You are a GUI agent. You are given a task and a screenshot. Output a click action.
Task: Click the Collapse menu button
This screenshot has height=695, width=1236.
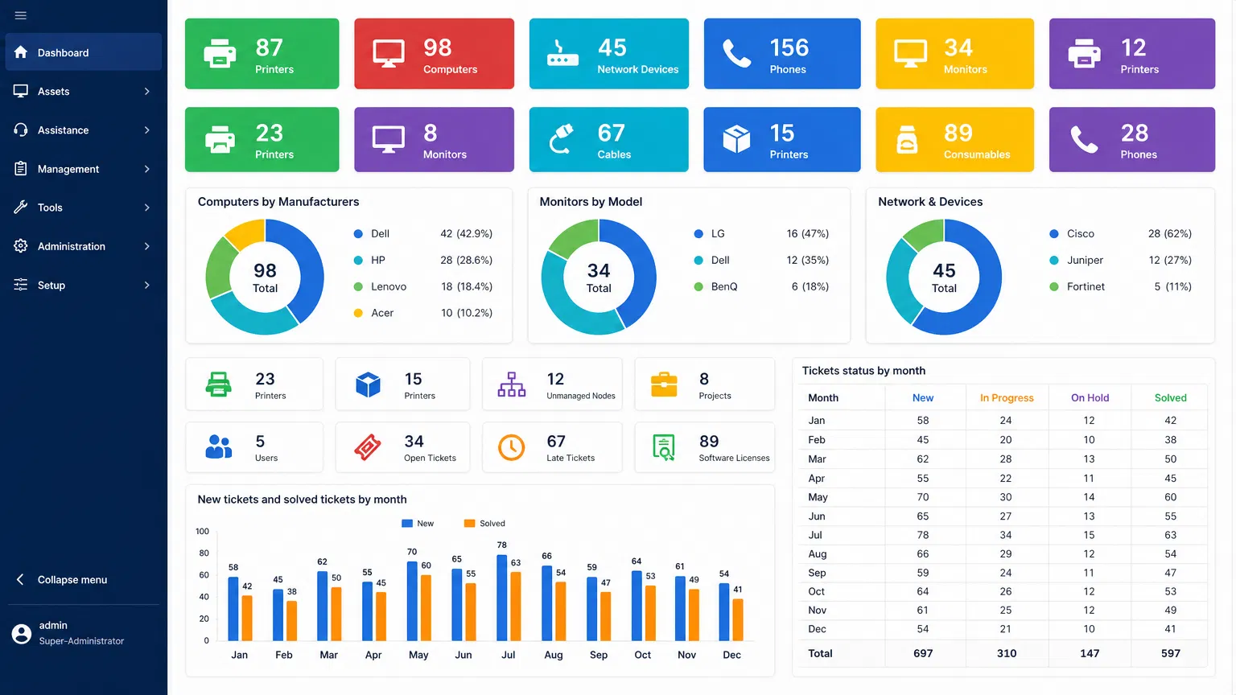coord(72,580)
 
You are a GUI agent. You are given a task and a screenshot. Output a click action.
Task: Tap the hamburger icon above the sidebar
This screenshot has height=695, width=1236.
coord(21,15)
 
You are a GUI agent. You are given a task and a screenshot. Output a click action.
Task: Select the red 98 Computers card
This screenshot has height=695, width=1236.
coord(434,54)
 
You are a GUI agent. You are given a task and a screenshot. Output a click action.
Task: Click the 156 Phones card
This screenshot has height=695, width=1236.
coord(781,54)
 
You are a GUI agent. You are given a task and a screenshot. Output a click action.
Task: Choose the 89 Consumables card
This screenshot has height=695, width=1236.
coord(954,140)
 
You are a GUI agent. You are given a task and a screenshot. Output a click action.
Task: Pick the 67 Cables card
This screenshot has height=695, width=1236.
coord(608,140)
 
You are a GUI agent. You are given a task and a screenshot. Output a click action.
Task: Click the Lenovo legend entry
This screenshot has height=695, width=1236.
coord(389,287)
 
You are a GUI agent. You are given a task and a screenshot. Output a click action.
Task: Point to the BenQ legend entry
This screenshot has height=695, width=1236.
coord(723,287)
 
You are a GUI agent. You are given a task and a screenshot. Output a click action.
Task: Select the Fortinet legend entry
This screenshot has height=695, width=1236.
coord(1085,287)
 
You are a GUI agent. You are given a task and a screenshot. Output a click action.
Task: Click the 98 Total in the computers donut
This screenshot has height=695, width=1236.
coord(265,277)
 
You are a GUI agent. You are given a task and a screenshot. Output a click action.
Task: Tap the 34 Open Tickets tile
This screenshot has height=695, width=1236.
coord(402,447)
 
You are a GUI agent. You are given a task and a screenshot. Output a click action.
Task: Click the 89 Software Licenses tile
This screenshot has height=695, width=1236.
coord(704,447)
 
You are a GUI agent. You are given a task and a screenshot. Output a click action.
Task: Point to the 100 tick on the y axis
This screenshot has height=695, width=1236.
coord(202,532)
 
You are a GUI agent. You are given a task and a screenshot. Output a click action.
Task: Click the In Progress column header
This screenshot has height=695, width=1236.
coord(1006,398)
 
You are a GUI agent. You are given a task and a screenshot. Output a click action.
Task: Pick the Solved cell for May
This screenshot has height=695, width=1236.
coord(1170,497)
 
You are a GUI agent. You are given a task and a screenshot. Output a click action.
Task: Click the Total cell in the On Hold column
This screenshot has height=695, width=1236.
coord(1090,654)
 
